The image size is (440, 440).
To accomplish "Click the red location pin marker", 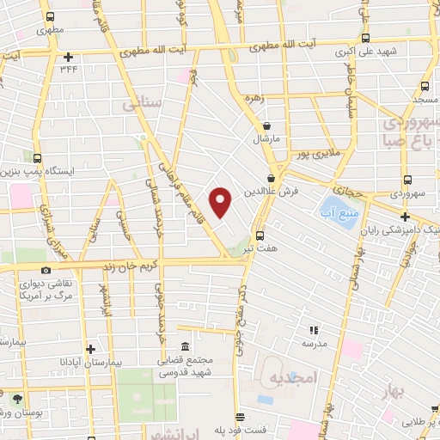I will [x=222, y=202].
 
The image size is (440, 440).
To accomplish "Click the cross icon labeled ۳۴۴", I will [x=67, y=58].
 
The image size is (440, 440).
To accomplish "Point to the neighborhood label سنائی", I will [x=143, y=105].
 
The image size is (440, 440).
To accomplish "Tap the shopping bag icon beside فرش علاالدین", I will [x=272, y=179].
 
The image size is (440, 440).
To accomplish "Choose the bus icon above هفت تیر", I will [x=260, y=235].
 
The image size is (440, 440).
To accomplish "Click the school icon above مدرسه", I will [x=314, y=327].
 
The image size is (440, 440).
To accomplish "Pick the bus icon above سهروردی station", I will [x=406, y=180].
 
